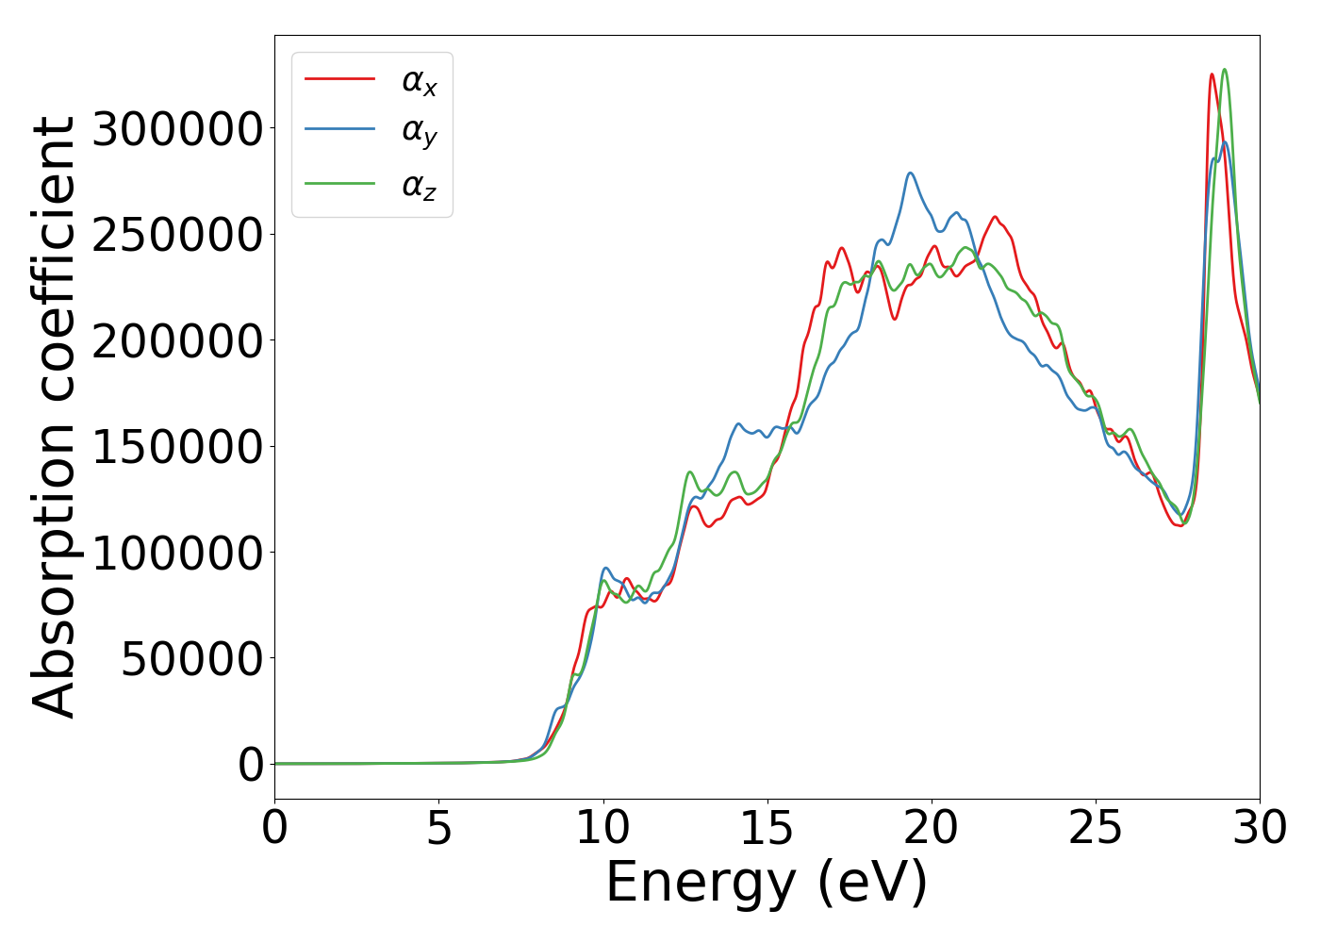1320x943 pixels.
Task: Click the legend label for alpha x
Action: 420,82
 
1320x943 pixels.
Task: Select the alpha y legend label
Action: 420,134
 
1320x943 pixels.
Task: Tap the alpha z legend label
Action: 420,187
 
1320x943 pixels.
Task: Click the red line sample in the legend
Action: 339,79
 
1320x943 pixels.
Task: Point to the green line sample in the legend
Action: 339,184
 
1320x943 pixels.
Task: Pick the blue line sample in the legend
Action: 339,131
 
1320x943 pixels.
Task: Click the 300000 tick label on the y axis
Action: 176,129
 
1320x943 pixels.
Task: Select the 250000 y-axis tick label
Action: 176,235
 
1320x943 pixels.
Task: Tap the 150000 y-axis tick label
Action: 176,447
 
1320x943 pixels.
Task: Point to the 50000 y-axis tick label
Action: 191,659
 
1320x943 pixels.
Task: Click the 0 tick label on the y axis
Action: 251,765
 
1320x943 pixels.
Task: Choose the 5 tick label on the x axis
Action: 438,828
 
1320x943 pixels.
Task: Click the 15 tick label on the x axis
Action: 767,828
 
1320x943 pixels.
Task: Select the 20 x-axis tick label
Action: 932,828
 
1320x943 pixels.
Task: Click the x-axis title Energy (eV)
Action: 767,884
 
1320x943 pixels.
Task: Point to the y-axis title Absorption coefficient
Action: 55,417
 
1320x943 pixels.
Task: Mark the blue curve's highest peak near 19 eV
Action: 910,173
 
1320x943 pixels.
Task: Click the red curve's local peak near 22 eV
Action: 995,217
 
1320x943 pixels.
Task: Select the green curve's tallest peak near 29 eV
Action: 1224,69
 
